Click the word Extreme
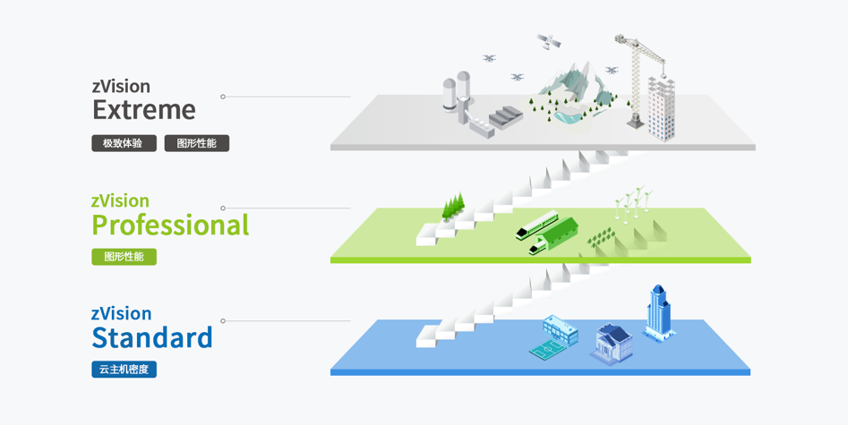(x=144, y=110)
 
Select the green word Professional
(x=170, y=225)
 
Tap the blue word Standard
(x=152, y=337)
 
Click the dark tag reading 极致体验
(x=124, y=143)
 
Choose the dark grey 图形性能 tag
(x=197, y=143)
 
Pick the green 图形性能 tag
(x=124, y=257)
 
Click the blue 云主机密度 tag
(x=124, y=370)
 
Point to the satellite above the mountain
(x=549, y=42)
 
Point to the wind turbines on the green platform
(x=633, y=204)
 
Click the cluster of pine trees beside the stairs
(x=453, y=206)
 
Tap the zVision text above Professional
(x=120, y=200)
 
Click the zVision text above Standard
(x=121, y=314)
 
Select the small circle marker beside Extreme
(x=223, y=97)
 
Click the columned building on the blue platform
(x=613, y=344)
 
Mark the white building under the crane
(x=662, y=108)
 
